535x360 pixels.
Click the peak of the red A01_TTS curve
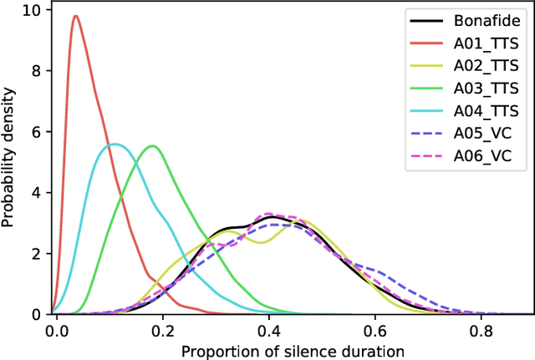(76, 16)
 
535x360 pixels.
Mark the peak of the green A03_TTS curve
(151, 146)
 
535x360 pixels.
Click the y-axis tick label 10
(33, 11)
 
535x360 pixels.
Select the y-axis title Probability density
(9, 159)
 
